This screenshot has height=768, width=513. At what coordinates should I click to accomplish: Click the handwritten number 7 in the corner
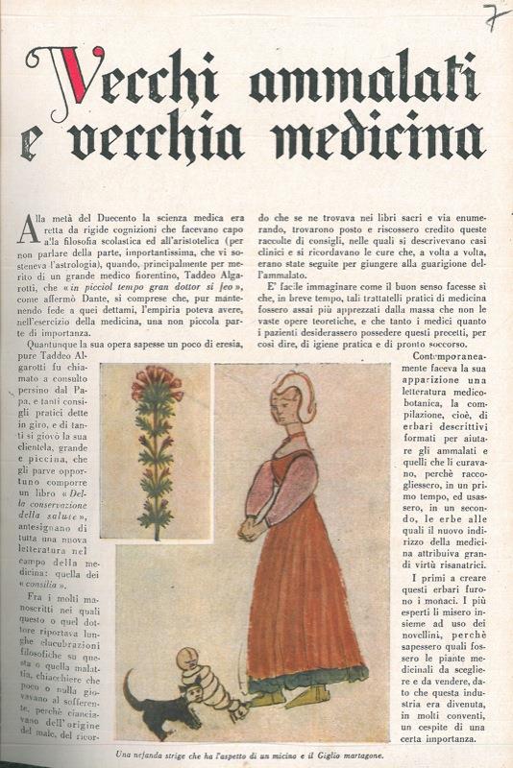click(x=492, y=16)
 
